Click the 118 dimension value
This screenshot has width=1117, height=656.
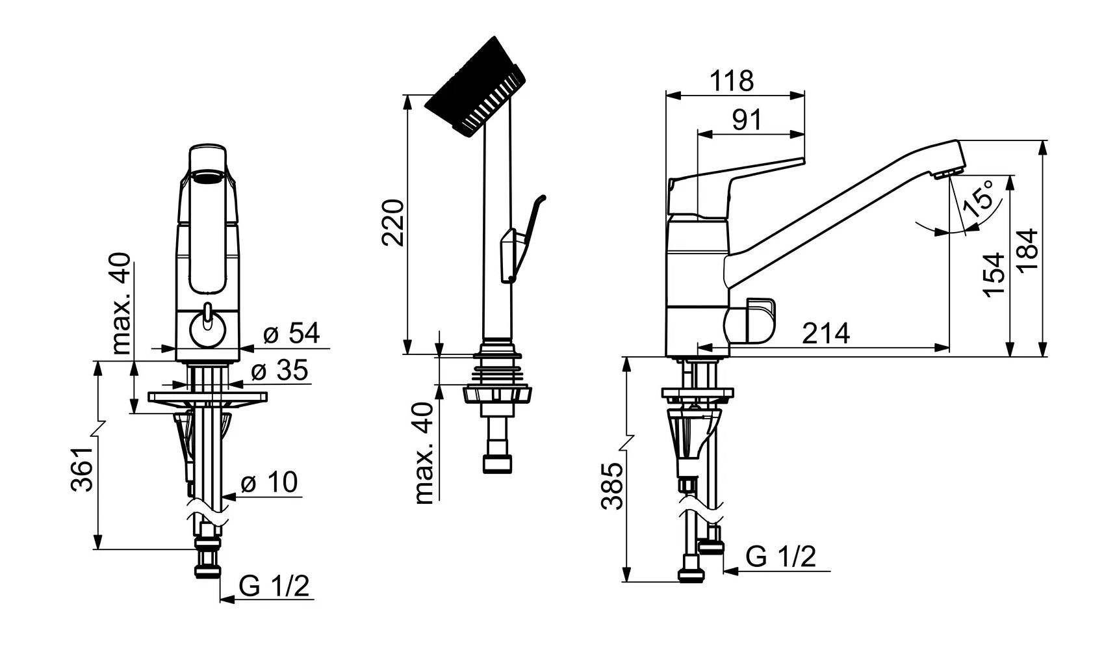[731, 81]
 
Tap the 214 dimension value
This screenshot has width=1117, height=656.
[826, 334]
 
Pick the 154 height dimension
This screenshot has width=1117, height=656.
[994, 274]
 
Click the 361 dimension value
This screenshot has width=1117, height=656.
[83, 469]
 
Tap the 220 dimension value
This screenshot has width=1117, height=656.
[392, 223]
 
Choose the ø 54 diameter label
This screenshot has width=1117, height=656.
[292, 334]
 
